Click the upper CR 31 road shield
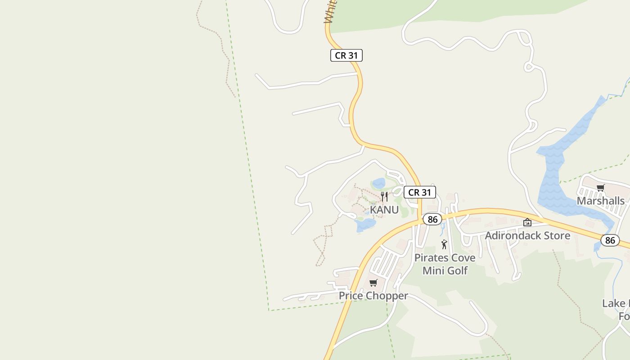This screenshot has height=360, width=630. [346, 55]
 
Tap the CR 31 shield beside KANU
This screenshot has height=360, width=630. [419, 192]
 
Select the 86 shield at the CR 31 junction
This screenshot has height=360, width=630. [432, 219]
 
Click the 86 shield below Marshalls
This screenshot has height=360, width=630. [610, 240]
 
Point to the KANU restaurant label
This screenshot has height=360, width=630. [384, 210]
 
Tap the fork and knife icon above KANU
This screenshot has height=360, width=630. [384, 197]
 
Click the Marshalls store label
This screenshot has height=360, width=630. [600, 201]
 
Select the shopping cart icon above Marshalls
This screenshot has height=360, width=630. [600, 188]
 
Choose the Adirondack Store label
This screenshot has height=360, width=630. [527, 235]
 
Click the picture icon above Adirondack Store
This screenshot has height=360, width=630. [527, 222]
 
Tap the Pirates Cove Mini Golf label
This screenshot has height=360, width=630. [445, 264]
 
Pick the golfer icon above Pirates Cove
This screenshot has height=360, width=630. [444, 244]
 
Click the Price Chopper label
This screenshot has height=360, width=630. [373, 296]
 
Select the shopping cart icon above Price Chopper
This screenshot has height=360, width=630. [373, 283]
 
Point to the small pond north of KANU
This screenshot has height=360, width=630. [379, 183]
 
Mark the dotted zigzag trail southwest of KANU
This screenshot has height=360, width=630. [323, 245]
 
